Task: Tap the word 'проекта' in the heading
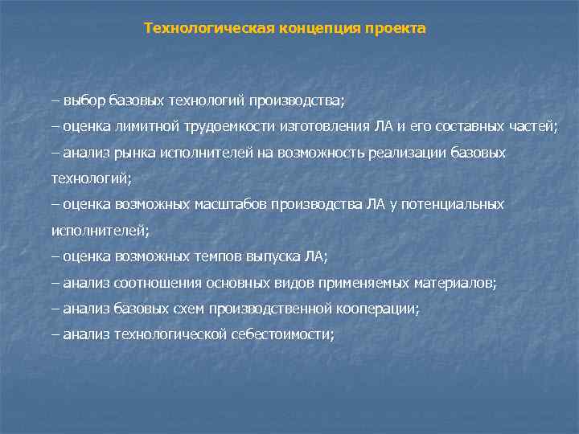click(395, 29)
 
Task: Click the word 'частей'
click(534, 127)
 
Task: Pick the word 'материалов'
click(458, 283)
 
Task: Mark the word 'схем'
click(187, 309)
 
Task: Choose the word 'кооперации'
click(378, 309)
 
